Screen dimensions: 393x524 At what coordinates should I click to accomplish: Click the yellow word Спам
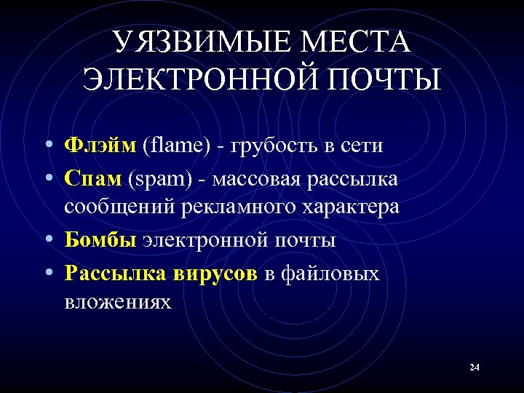tap(93, 177)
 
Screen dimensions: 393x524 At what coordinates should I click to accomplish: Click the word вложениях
tap(118, 301)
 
